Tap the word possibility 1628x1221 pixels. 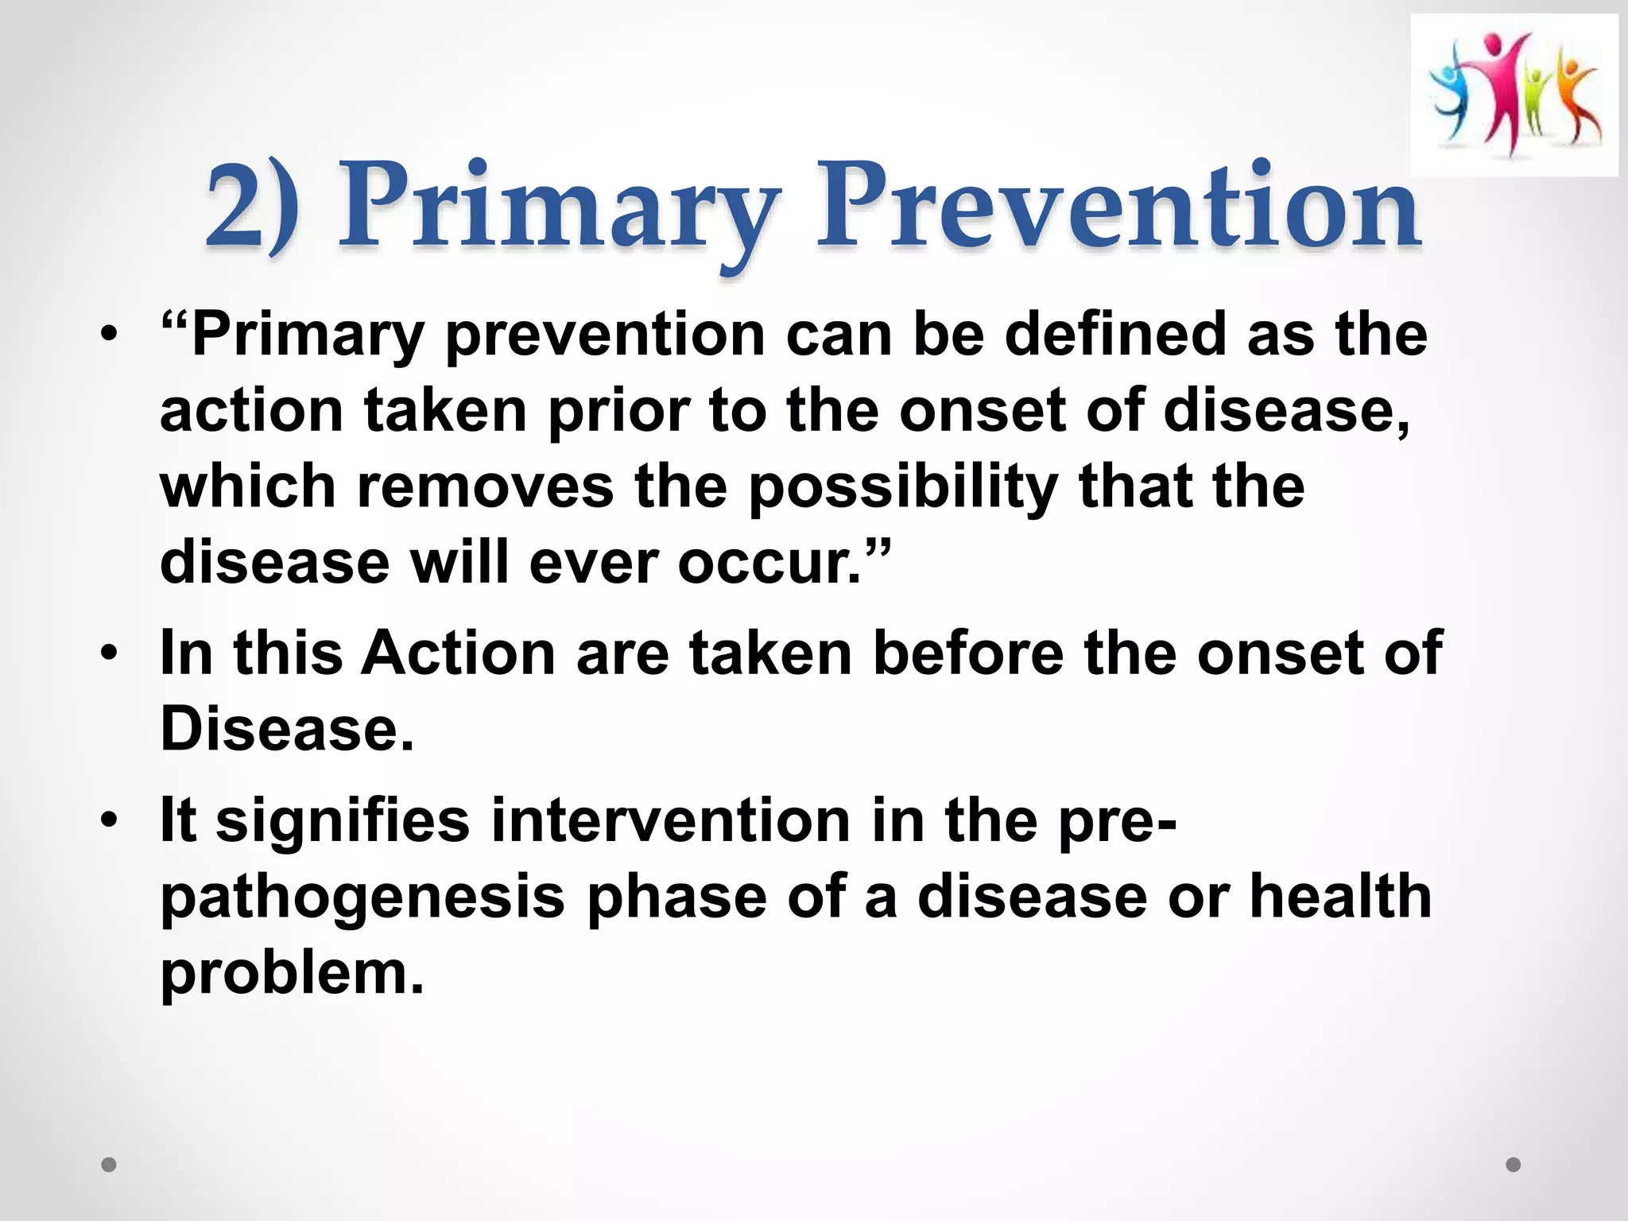[903, 487]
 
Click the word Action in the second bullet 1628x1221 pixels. [458, 653]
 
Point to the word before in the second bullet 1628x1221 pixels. [967, 653]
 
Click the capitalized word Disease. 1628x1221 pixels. [286, 729]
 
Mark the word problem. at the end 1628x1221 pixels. [292, 972]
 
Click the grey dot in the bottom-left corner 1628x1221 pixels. [109, 1165]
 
